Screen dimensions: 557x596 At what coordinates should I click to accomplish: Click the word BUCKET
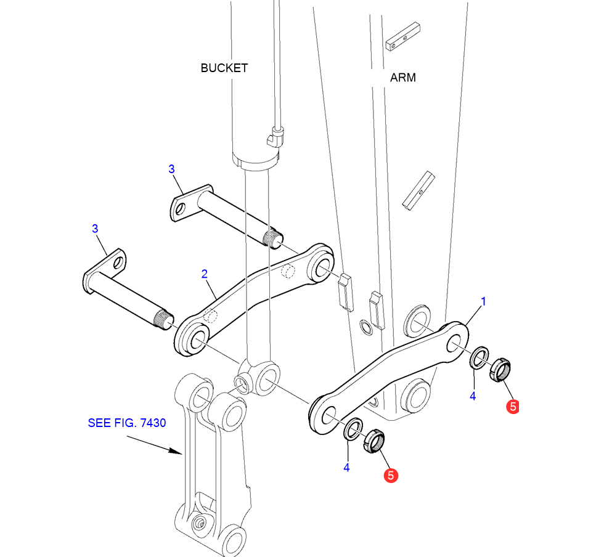click(x=224, y=68)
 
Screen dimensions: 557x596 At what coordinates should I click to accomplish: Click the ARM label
click(x=402, y=78)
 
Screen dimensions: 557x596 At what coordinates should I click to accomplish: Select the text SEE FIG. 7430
click(x=126, y=423)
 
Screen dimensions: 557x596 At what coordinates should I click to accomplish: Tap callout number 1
click(x=484, y=301)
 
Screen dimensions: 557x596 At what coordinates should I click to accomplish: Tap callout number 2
click(x=204, y=274)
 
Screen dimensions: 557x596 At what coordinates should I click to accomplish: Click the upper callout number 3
click(x=172, y=168)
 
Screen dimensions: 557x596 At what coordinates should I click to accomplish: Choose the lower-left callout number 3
click(x=95, y=229)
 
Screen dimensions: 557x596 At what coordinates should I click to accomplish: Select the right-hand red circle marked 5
click(x=512, y=406)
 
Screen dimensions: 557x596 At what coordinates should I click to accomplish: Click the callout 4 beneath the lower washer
click(x=346, y=468)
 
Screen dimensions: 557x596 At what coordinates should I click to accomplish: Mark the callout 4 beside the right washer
click(x=473, y=396)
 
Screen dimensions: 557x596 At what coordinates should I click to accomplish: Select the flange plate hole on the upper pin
click(x=180, y=208)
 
